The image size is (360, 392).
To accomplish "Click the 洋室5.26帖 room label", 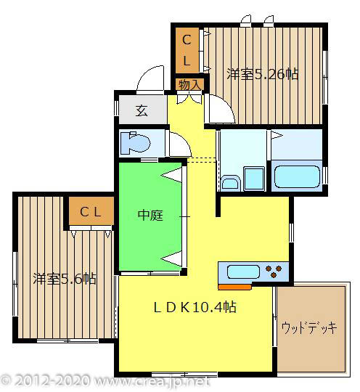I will point(262,74).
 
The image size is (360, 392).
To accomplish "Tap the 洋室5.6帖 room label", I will point(65,278).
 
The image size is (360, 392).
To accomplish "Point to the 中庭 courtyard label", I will point(150,215).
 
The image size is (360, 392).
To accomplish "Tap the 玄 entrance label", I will point(142,111).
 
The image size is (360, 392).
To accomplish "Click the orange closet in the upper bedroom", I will point(187,50).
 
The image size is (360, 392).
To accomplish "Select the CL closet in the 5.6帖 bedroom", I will point(90,212).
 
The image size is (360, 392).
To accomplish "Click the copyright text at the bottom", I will point(105,380).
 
